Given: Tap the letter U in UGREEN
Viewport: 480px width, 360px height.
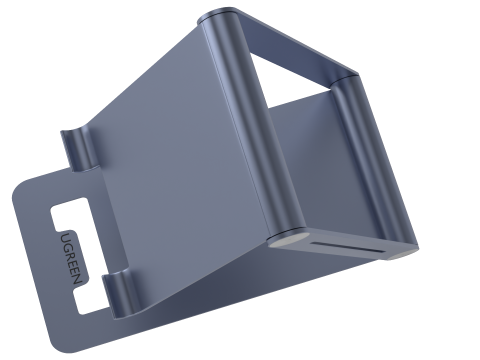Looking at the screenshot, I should (64, 236).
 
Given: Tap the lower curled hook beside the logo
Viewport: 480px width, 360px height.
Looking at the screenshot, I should (117, 290).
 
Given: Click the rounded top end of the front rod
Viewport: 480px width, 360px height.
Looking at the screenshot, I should (217, 18).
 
